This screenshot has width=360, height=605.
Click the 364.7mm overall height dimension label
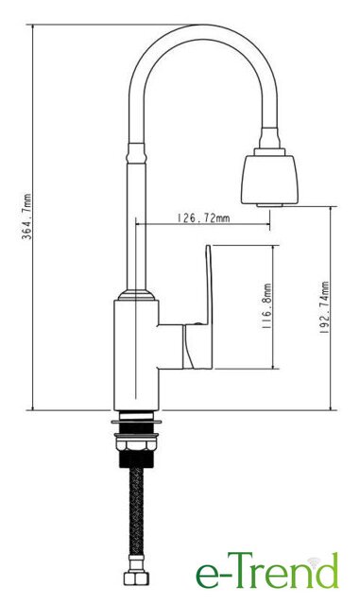click(26, 216)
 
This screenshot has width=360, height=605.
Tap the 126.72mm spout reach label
click(203, 218)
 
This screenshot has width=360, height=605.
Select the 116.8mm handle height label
click(267, 306)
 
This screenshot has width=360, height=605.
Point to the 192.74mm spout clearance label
click(324, 307)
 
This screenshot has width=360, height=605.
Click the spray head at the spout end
click(269, 178)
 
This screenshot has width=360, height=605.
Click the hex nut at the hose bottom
click(136, 578)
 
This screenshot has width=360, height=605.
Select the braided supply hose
click(136, 511)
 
